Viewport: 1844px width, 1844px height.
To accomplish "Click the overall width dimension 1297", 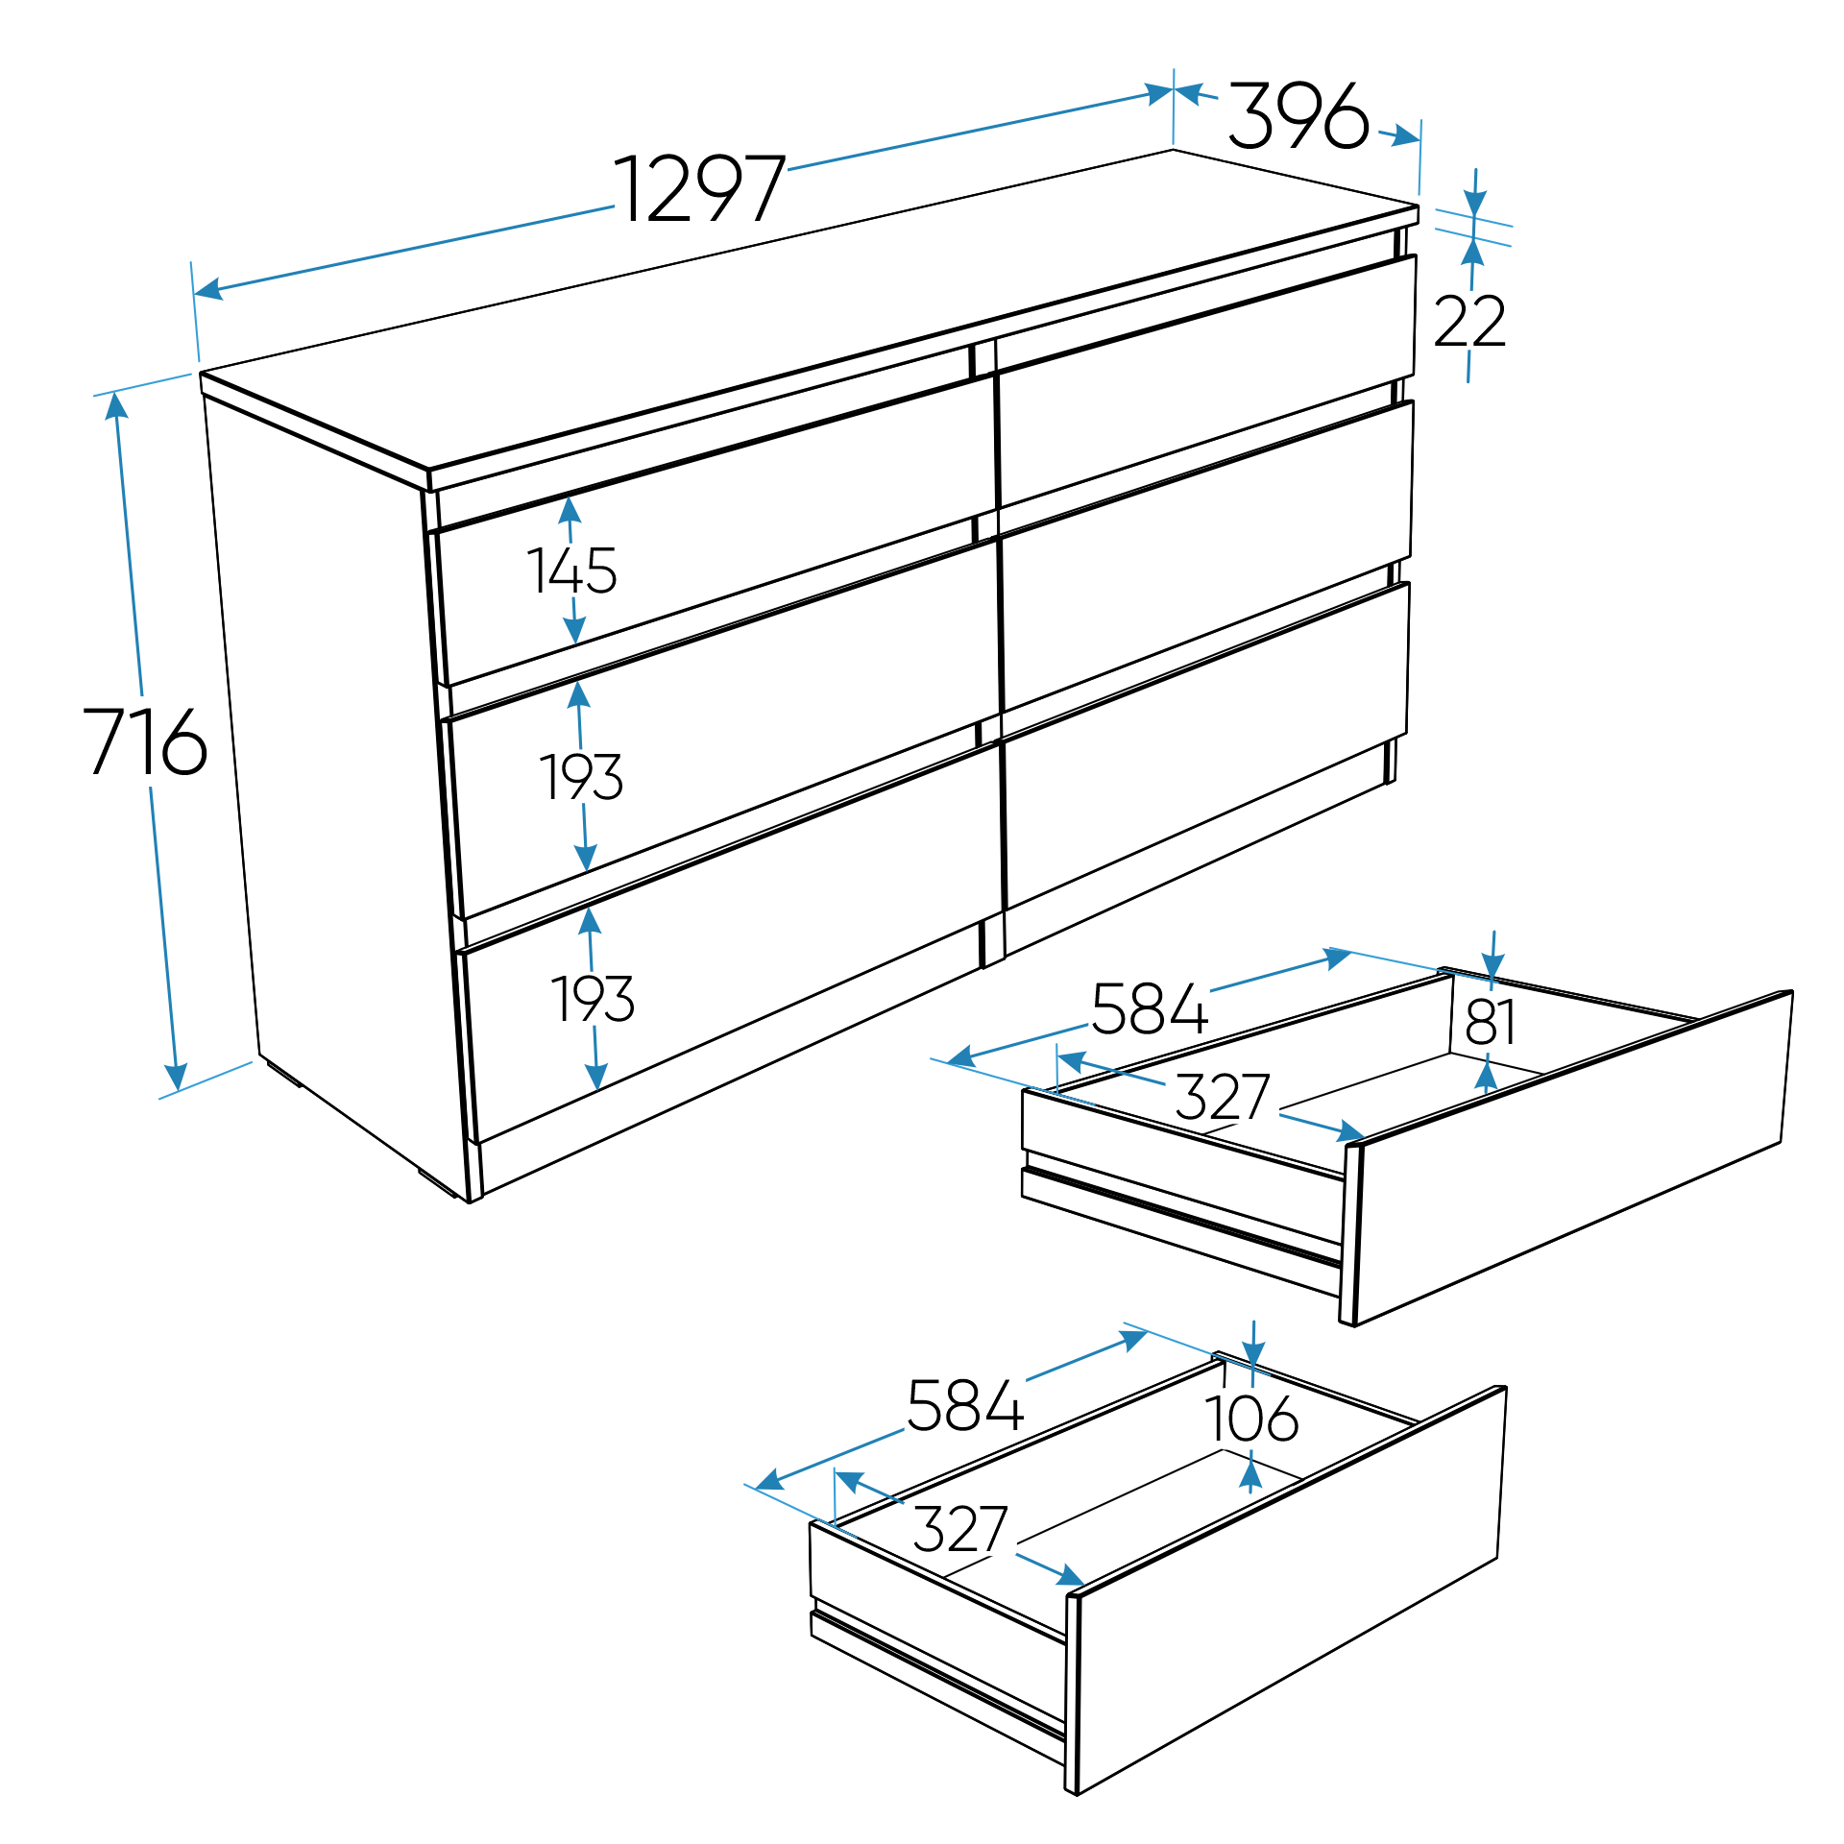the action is tap(700, 188).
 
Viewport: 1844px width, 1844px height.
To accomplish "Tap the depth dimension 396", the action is tap(1298, 115).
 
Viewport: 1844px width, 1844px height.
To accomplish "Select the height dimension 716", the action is tap(145, 740).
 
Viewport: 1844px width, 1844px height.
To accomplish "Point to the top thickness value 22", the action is tap(1469, 322).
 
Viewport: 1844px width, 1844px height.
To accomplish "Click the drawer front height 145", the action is tap(571, 570).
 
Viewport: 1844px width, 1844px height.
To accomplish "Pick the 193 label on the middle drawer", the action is tap(581, 777).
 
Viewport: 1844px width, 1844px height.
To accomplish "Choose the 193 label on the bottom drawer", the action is tap(593, 999).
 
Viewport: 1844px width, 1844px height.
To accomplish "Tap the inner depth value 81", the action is tap(1491, 1022).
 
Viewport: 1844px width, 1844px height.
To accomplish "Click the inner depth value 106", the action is tap(1251, 1419).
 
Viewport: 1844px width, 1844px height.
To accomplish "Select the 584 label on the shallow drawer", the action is tap(1150, 1009).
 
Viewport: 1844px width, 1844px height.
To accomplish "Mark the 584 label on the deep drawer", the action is tap(965, 1405).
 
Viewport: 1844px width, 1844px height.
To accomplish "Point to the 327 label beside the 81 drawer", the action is tap(1223, 1097).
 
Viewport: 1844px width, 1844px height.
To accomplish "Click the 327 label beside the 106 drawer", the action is tap(960, 1529).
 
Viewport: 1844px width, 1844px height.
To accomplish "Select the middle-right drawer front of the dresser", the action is tap(1205, 557).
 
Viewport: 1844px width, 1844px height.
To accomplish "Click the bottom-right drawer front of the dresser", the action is tap(1205, 747).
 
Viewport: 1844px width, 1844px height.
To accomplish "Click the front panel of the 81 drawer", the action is tap(1570, 1157).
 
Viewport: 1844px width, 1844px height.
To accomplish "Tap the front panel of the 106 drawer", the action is tap(1287, 1589).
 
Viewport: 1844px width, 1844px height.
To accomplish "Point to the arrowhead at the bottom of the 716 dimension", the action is tap(175, 1077).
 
